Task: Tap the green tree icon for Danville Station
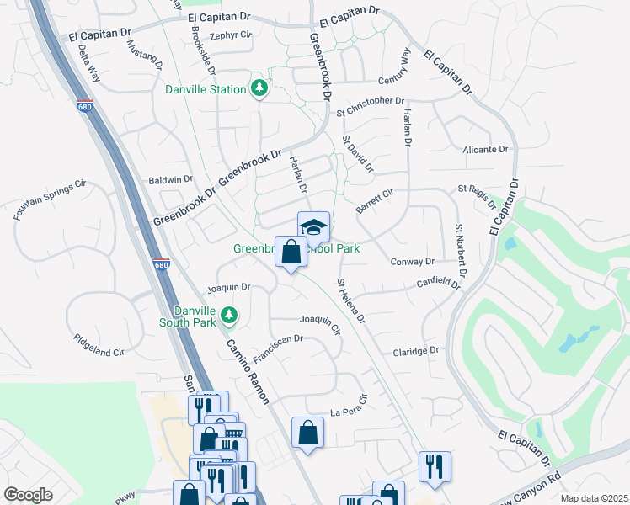pyautogui.click(x=260, y=88)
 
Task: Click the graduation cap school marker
pyautogui.click(x=313, y=227)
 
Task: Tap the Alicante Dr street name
pyautogui.click(x=487, y=150)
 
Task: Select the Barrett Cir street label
pyautogui.click(x=375, y=199)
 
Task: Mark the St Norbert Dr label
pyautogui.click(x=460, y=252)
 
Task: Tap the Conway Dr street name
pyautogui.click(x=412, y=262)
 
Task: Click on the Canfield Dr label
pyautogui.click(x=439, y=284)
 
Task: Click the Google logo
pyautogui.click(x=28, y=495)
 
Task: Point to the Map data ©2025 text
pyautogui.click(x=594, y=498)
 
